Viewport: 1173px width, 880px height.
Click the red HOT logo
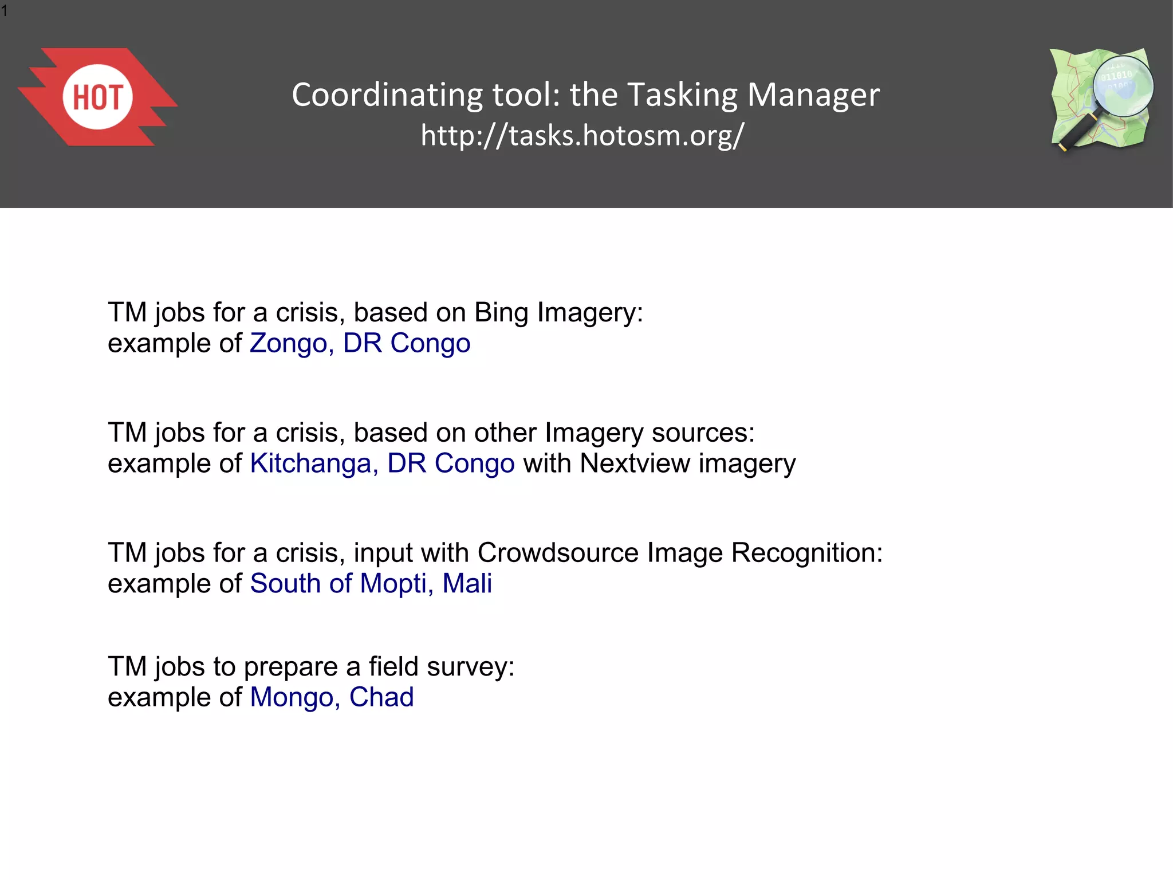coord(97,97)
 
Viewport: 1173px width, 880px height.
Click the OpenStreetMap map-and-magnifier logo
coord(1101,99)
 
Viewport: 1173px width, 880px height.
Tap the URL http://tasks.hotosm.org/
coord(582,136)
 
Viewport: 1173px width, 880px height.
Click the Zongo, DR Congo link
coord(360,344)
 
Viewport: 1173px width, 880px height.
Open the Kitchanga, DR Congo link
coord(382,463)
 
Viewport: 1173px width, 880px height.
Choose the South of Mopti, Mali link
coord(371,584)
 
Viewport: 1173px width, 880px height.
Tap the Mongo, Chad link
coord(332,697)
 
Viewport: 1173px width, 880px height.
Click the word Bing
coord(501,313)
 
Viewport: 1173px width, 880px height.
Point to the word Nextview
coord(635,463)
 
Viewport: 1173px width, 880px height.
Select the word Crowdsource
coord(558,553)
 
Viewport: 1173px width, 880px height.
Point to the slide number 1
coord(5,11)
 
